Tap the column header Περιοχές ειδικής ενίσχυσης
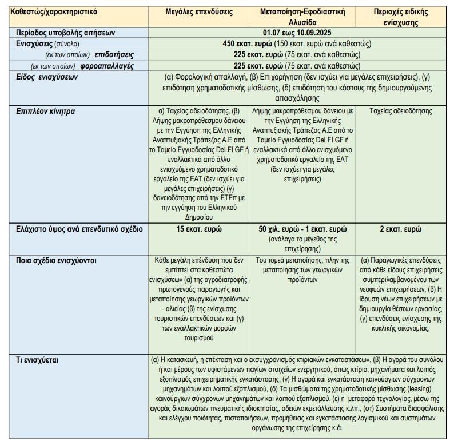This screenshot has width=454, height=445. point(404,17)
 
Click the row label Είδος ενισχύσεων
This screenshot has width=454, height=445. point(47,77)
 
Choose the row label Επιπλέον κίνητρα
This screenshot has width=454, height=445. point(46,111)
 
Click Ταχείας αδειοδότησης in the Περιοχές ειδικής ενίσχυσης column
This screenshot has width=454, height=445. point(401,111)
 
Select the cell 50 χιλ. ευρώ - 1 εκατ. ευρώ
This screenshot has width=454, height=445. point(302,229)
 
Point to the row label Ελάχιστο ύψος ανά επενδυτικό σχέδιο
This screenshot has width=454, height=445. point(79,229)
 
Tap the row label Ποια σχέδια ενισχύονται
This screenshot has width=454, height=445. point(56,260)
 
